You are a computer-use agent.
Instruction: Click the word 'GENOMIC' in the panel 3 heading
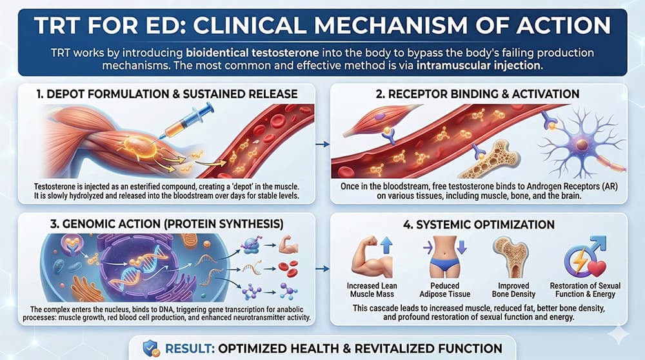(x=94, y=225)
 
